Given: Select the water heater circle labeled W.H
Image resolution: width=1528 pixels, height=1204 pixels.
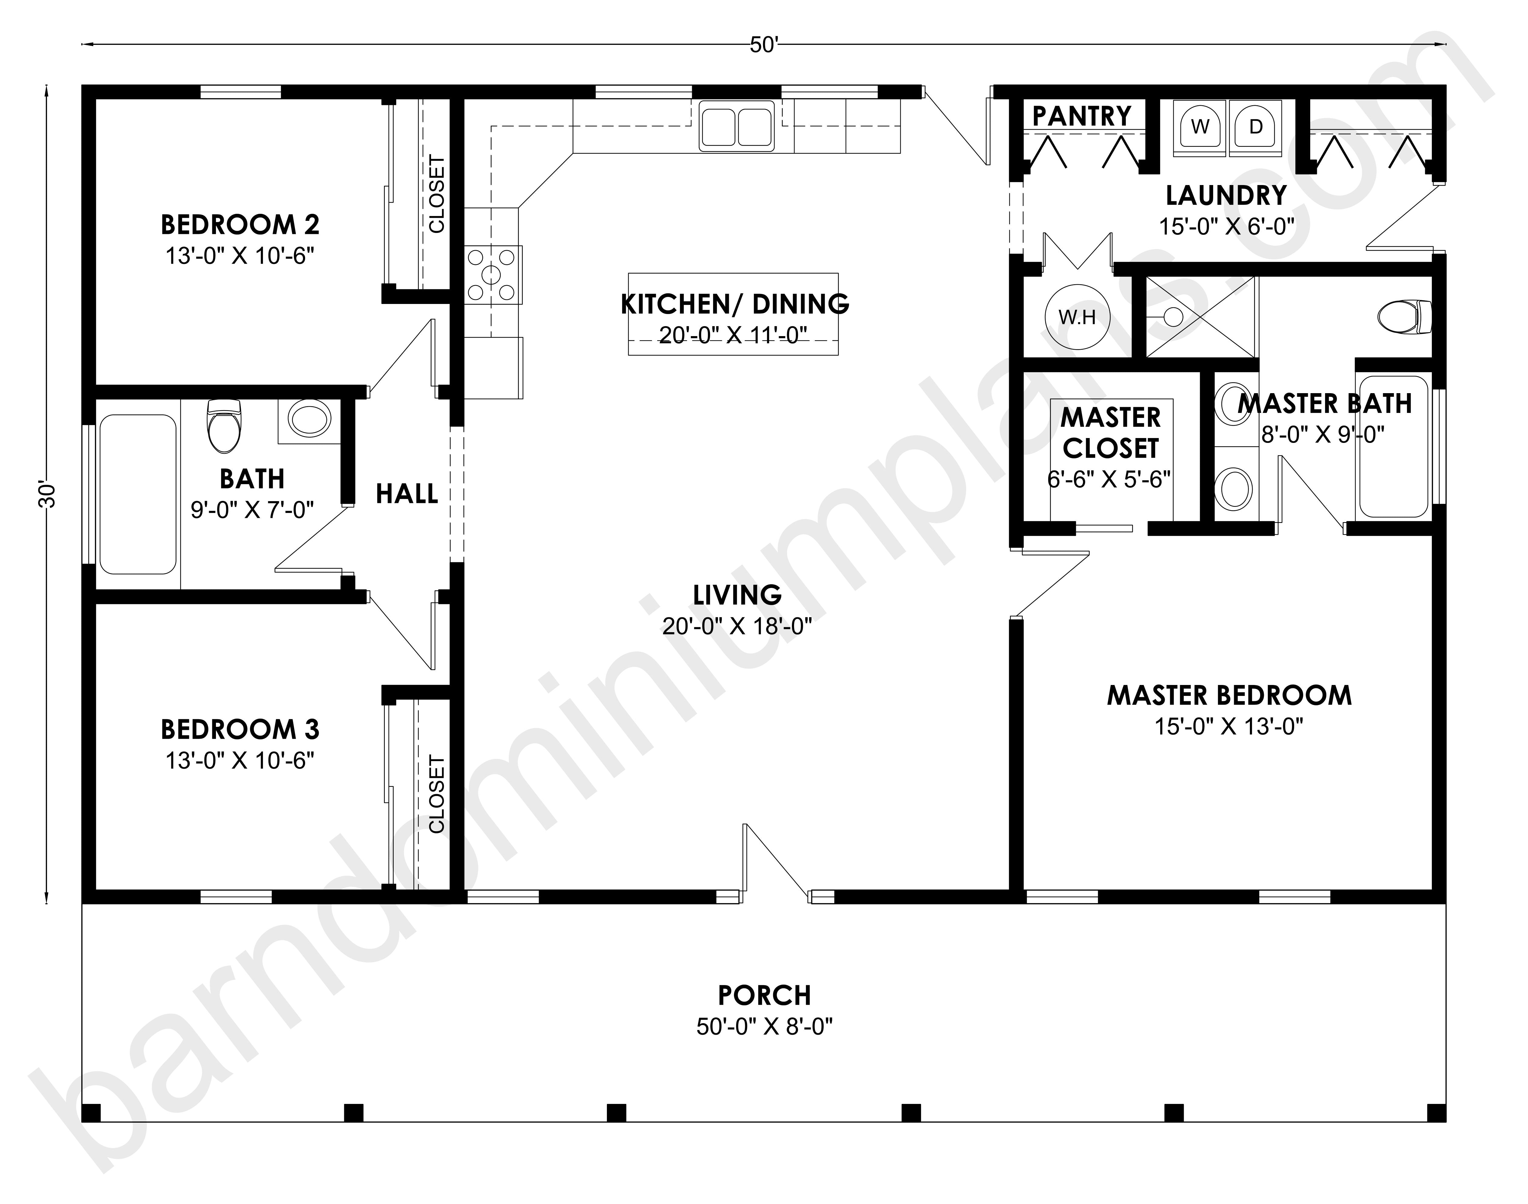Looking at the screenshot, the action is [1077, 317].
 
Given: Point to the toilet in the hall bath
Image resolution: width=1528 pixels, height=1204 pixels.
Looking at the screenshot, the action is [224, 426].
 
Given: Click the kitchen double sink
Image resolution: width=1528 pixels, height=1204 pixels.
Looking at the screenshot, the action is [736, 126].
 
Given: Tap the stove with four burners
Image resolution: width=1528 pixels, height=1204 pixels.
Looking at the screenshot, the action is [493, 274].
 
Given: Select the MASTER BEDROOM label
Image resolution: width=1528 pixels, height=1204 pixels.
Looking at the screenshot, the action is [1229, 696].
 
